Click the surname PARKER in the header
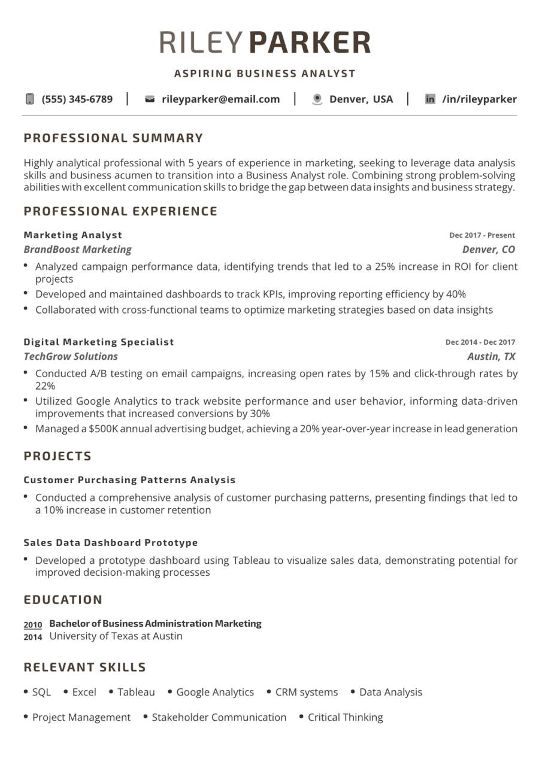[x=309, y=42]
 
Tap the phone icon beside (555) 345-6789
[x=30, y=99]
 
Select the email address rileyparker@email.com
[x=220, y=99]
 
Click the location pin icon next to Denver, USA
[x=317, y=99]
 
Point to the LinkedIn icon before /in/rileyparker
[x=430, y=99]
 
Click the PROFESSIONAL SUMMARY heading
[x=114, y=138]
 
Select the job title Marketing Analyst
[x=73, y=235]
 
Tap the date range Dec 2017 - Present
[x=482, y=235]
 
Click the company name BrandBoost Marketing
[x=78, y=250]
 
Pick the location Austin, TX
[x=491, y=357]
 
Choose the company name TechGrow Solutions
[x=71, y=357]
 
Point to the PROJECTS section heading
[x=58, y=456]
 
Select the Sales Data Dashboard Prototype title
[x=111, y=543]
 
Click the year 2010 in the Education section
[x=33, y=624]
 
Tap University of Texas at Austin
[x=116, y=636]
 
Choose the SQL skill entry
[x=41, y=692]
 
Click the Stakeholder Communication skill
[x=219, y=717]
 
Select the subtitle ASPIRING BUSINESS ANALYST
[x=265, y=74]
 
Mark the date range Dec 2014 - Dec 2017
[x=480, y=342]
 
